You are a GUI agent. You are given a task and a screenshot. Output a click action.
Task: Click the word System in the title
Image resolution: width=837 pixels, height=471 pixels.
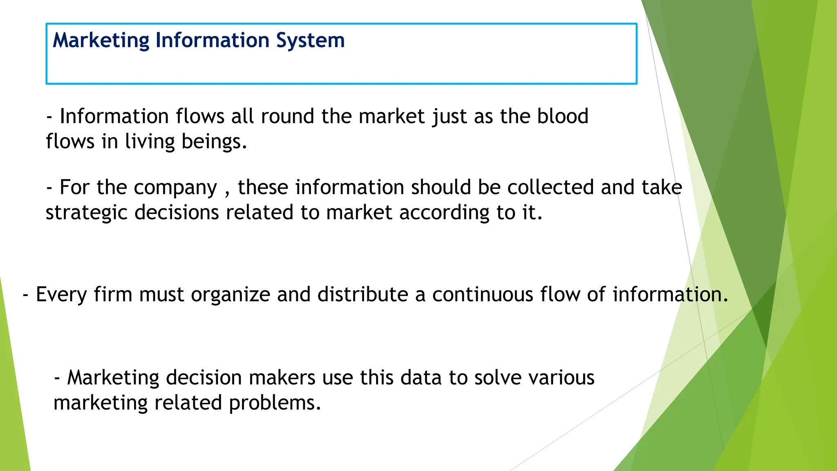pos(310,41)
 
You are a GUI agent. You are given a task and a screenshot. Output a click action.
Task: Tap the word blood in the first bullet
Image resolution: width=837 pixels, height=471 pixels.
pos(562,116)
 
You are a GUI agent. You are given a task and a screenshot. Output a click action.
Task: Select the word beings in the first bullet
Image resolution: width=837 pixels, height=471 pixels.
pos(214,142)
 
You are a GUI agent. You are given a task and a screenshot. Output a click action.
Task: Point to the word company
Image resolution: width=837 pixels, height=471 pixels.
pos(175,188)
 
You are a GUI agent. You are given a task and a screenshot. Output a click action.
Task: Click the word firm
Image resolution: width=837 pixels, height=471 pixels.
pos(113,294)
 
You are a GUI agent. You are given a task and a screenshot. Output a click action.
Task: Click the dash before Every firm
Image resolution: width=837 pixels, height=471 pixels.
pos(26,295)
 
